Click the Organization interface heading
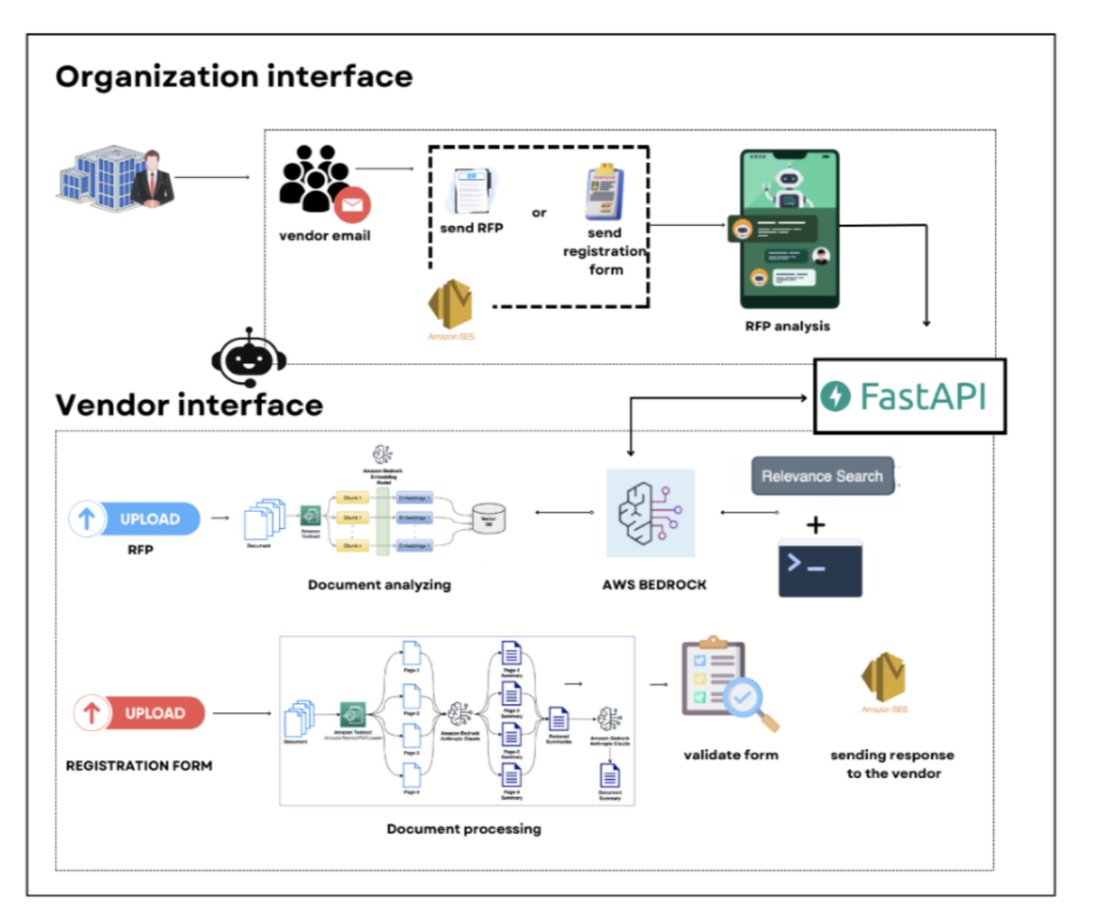coord(234,76)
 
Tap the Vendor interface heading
coord(189,405)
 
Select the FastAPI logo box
coord(910,397)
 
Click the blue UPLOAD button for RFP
coord(135,519)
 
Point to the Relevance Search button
coord(822,476)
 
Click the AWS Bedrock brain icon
coord(650,513)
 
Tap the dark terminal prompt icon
coord(820,569)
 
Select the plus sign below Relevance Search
coord(816,525)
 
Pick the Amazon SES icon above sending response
coord(884,678)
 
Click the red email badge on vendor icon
coord(352,205)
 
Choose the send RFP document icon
coord(470,191)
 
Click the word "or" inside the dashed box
coord(539,213)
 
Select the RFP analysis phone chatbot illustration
coord(789,229)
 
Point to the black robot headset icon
coord(249,357)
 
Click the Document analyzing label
coord(379,584)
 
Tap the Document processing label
coord(464,829)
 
